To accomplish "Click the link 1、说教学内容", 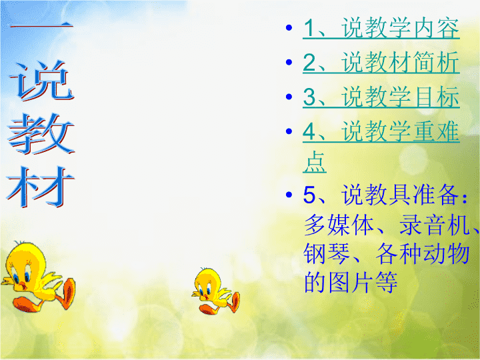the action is click(381, 28).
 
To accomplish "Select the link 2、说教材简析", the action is click(381, 63).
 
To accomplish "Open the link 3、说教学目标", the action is click(381, 97).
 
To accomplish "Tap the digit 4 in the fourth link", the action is click(309, 131).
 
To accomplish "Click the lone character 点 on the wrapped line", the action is click(315, 162).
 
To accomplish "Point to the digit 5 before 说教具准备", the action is click(309, 195).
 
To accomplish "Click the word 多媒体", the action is click(339, 225).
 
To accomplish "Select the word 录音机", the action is click(435, 225).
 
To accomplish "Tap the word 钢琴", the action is click(327, 253).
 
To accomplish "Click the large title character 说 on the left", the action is click(41, 81).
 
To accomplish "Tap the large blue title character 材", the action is click(41, 187).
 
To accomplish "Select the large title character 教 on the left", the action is click(41, 134).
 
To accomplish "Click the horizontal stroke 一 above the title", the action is click(41, 26).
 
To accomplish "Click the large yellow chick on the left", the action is click(38, 277).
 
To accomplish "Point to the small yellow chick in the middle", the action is click(216, 291).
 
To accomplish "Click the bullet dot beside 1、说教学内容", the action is click(289, 28).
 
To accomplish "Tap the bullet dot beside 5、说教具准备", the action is click(289, 195).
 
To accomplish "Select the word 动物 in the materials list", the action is click(447, 253).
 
